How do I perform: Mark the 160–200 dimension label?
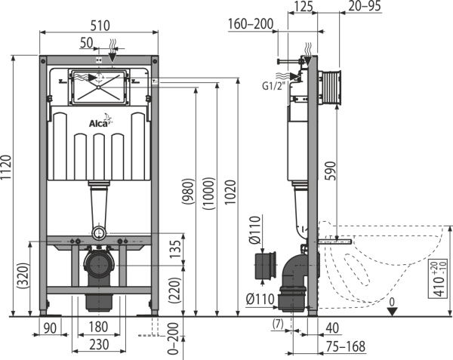coord(250,24)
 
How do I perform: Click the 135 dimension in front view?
coord(175,248)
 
